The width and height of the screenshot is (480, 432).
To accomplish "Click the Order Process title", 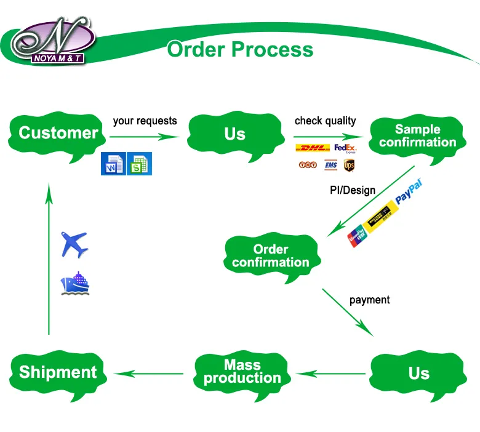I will [x=240, y=49].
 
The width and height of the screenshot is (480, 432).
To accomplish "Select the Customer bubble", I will [x=58, y=134].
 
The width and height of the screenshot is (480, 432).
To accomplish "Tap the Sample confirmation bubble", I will [x=417, y=136].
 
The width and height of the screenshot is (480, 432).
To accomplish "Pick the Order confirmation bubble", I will [x=271, y=256].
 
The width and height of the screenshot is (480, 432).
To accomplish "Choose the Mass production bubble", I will [x=242, y=372].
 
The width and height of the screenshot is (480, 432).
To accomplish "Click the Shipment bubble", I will [x=58, y=372].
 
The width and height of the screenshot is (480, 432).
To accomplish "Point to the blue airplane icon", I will [x=74, y=244].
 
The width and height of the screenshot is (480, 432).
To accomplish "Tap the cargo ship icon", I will [x=75, y=284].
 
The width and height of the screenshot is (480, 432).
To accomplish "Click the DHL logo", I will [x=313, y=148].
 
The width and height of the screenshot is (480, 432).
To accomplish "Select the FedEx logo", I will [x=345, y=148].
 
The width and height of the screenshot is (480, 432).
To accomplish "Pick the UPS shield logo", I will [x=350, y=165].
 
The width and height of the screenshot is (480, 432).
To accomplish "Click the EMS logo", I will [x=330, y=165].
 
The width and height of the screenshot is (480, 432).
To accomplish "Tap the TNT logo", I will [x=307, y=165].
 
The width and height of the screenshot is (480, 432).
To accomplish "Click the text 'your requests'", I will [x=145, y=121].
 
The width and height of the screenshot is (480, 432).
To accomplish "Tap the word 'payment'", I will [x=369, y=300].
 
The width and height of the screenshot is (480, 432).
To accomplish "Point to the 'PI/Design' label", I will [x=353, y=190].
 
